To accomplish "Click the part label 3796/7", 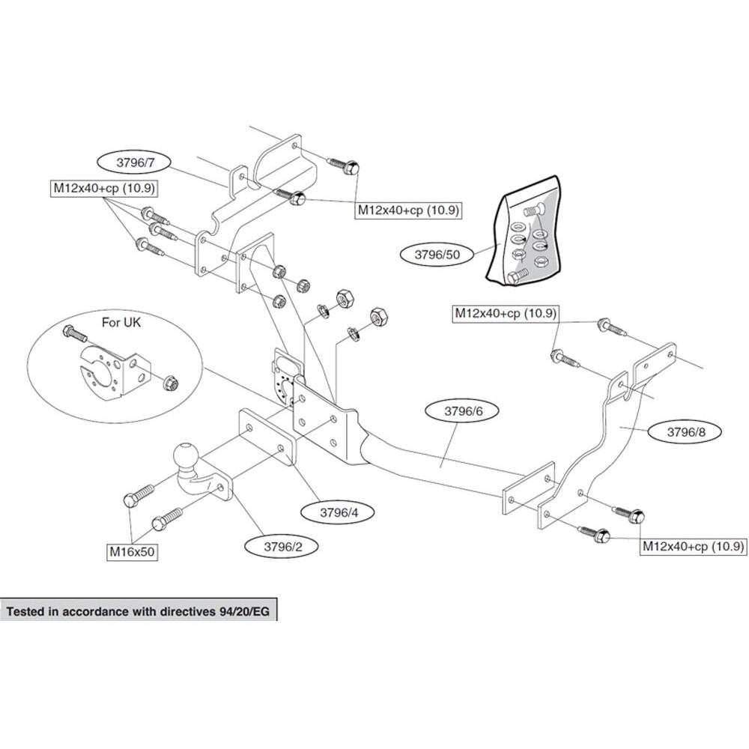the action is click(x=136, y=163).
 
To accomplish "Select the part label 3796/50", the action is click(x=437, y=255).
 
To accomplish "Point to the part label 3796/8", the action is click(x=685, y=432).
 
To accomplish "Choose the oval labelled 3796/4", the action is click(x=339, y=512).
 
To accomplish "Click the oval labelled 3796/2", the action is click(x=283, y=547).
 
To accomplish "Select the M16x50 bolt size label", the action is click(x=132, y=552).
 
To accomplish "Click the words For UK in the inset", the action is click(x=121, y=322).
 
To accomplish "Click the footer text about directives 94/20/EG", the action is click(x=138, y=611).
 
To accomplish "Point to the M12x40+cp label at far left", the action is click(x=104, y=188).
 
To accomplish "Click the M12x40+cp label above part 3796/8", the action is click(x=506, y=313).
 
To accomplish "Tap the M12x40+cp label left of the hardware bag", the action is click(x=409, y=210).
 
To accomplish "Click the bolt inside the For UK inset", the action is click(x=74, y=333).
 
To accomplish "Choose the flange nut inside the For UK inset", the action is click(x=171, y=383).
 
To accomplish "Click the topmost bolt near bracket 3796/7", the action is click(x=343, y=167).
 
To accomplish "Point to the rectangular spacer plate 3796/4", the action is click(x=267, y=437).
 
